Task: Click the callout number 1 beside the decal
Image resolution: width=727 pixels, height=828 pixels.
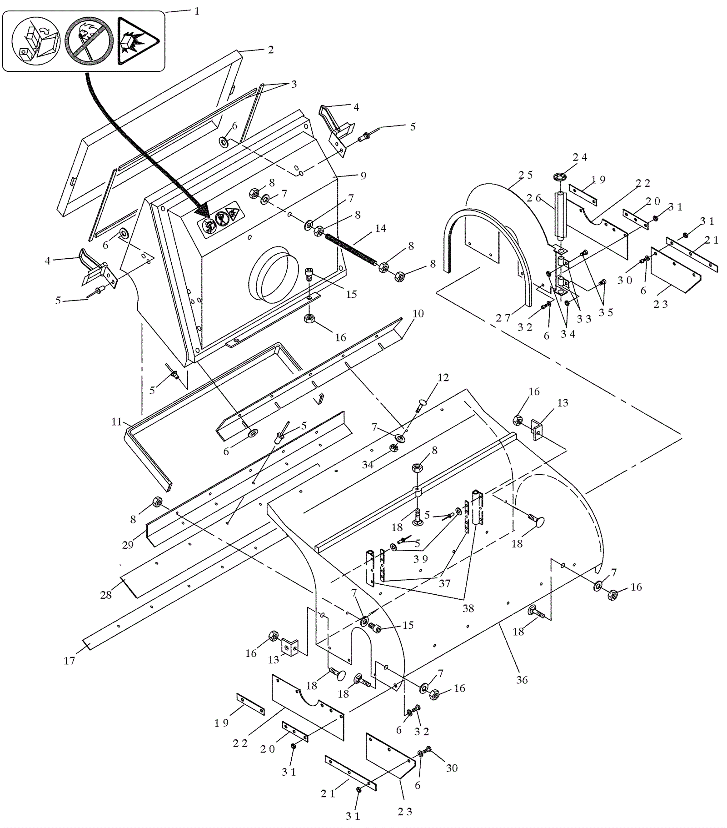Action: point(197,11)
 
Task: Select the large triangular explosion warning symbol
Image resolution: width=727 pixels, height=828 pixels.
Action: point(137,41)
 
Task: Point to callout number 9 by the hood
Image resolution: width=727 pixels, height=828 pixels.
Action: point(363,176)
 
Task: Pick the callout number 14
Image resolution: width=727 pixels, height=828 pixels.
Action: point(380,228)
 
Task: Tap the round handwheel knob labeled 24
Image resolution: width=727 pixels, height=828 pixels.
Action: point(561,176)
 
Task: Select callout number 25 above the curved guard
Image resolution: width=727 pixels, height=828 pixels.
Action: point(526,175)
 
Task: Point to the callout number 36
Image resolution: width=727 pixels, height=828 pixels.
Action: point(522,680)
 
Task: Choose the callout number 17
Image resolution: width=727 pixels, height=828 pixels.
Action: point(69,661)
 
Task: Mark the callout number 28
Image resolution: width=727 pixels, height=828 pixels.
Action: point(106,595)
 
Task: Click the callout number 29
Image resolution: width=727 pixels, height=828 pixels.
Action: point(128,545)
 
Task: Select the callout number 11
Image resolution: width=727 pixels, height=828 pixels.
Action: point(117,422)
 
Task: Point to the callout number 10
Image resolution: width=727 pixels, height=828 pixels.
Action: point(418,313)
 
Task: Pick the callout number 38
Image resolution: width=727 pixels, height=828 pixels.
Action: point(468,608)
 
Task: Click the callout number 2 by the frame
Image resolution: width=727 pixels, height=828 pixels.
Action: point(271,50)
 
